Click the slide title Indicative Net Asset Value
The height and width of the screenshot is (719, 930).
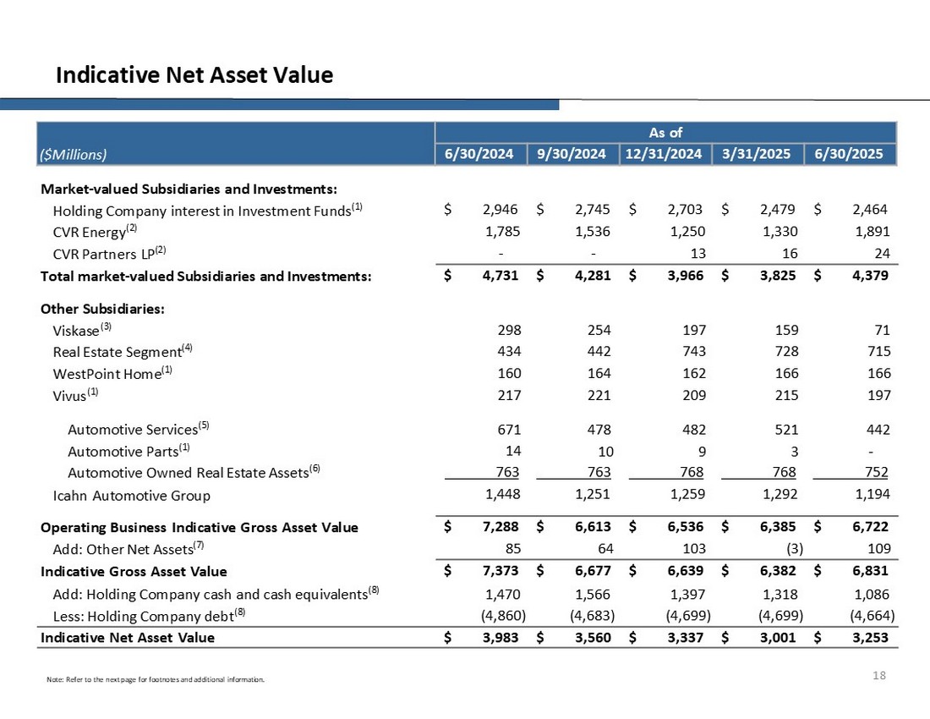point(194,75)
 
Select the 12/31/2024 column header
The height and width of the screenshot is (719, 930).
point(665,153)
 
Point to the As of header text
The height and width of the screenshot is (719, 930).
point(665,133)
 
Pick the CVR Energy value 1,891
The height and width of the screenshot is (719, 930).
point(872,231)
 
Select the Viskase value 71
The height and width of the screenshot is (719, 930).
point(880,330)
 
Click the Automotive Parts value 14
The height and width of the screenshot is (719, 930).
point(511,449)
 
